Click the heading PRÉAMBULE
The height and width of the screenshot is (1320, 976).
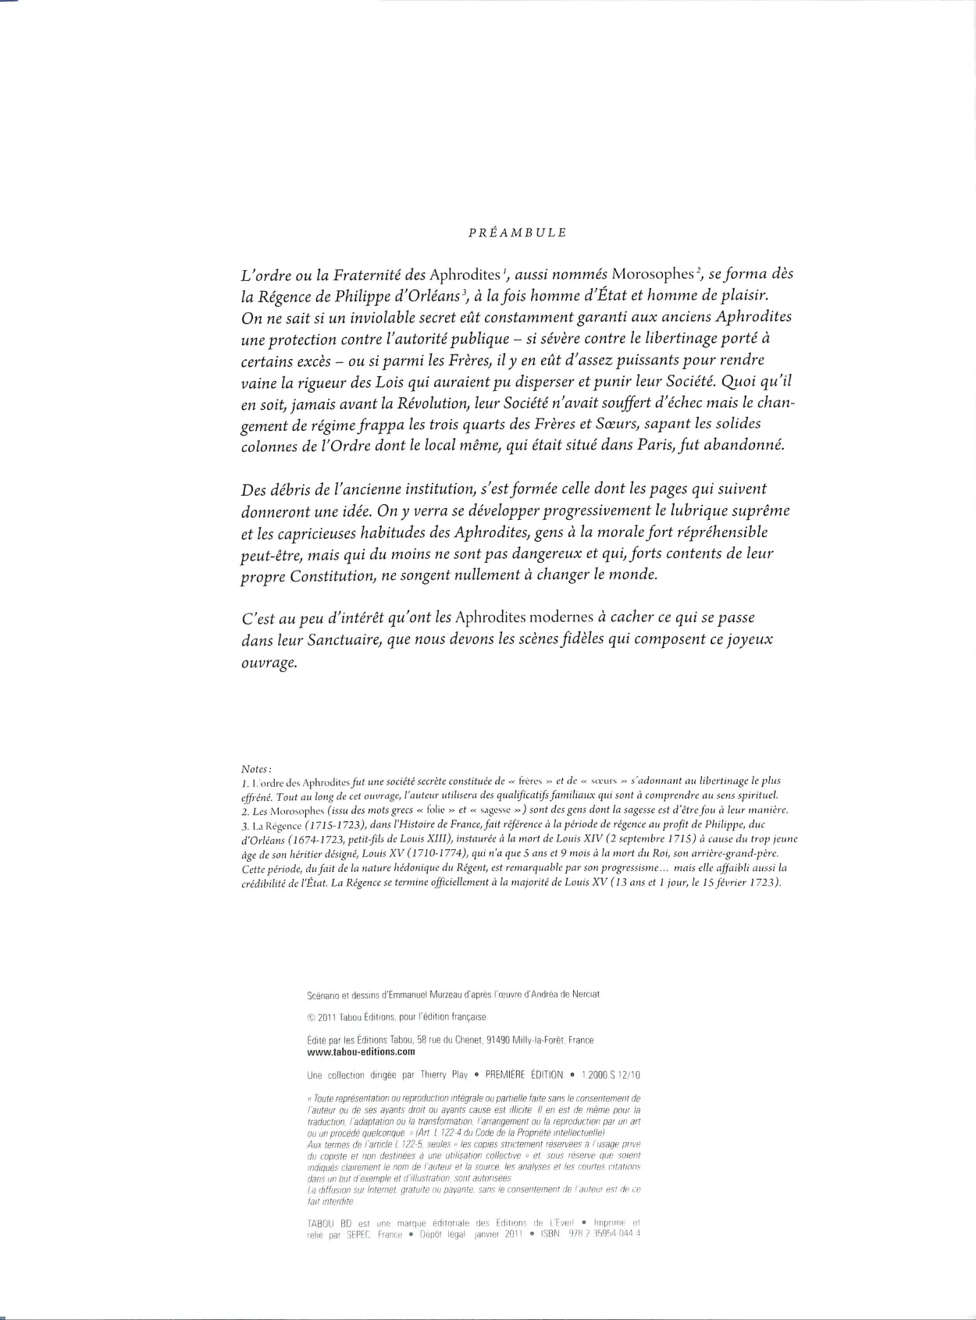(517, 233)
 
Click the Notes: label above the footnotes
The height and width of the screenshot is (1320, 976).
(256, 769)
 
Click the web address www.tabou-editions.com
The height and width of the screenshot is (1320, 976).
(362, 1051)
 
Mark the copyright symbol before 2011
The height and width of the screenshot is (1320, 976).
(312, 1017)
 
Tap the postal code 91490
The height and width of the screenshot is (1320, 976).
(499, 1040)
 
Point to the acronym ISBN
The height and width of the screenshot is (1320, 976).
(550, 1235)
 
